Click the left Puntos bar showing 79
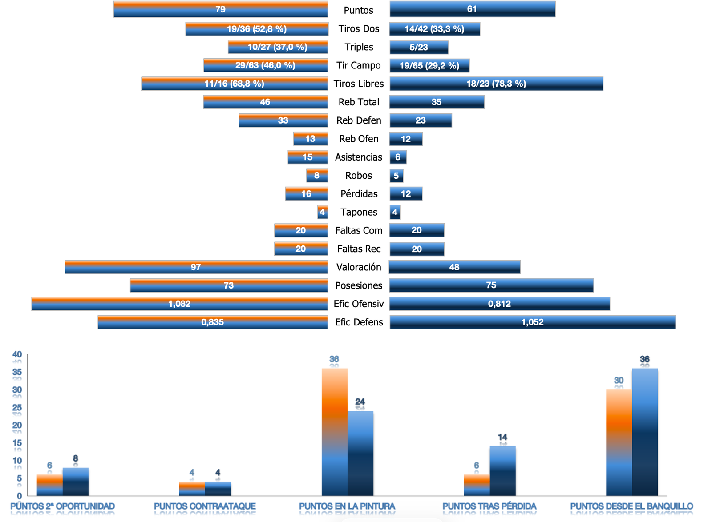[220, 9]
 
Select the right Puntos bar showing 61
[472, 9]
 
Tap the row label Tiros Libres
[359, 84]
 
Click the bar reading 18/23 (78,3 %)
[496, 84]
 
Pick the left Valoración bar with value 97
[196, 267]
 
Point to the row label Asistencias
[359, 157]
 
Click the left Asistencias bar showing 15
[307, 157]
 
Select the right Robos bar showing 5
[396, 176]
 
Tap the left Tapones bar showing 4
[322, 212]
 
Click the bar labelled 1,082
[179, 304]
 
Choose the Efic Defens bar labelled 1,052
[532, 322]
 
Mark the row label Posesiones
[359, 285]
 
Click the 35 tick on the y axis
[17, 372]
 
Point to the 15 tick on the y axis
[17, 443]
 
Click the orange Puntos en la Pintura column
[334, 431]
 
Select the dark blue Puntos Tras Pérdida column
[502, 471]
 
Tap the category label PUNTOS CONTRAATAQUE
[205, 506]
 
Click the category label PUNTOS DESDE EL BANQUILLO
[631, 506]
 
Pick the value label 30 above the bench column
[619, 381]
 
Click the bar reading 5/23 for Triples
[419, 47]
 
